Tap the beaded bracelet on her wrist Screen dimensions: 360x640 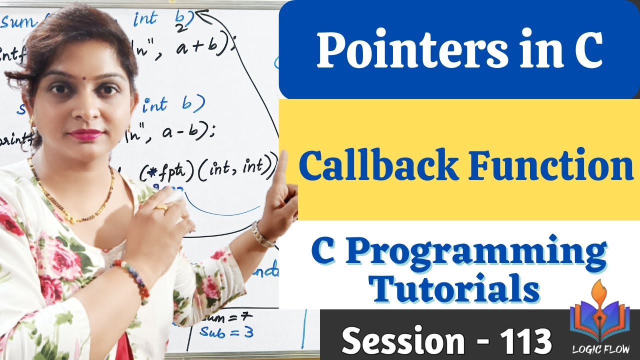[x=132, y=277]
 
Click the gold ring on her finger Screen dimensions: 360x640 [x=161, y=206]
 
